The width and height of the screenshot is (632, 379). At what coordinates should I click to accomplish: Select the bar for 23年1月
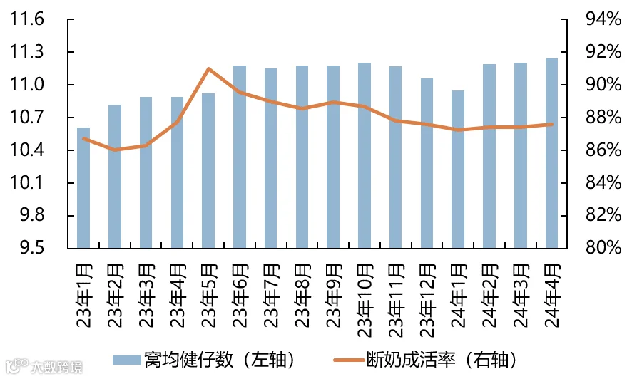tap(83, 188)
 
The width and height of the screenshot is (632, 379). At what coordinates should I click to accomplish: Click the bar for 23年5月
tap(208, 170)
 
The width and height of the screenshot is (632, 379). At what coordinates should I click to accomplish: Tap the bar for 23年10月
tap(365, 155)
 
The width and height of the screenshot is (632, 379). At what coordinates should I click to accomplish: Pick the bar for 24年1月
tap(458, 170)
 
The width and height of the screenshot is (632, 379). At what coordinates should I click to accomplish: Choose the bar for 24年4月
tap(552, 153)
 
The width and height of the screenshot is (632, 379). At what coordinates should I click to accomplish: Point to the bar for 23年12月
tap(427, 163)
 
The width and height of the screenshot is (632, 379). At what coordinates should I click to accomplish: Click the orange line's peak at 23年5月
tap(208, 69)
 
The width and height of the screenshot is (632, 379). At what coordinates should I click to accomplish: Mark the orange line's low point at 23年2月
tap(116, 150)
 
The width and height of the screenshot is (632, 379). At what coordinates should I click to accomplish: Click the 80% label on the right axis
tap(603, 247)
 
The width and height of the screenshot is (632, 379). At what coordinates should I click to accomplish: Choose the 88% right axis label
tap(603, 118)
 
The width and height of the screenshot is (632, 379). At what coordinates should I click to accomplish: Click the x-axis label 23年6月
tap(240, 296)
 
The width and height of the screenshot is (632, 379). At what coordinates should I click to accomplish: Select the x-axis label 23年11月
tap(397, 301)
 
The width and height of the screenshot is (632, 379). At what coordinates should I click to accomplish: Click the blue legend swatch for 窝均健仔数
tap(126, 360)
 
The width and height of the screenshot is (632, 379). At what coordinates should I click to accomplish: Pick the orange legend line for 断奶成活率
tap(349, 360)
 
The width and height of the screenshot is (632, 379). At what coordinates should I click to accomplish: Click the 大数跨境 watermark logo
tap(44, 366)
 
